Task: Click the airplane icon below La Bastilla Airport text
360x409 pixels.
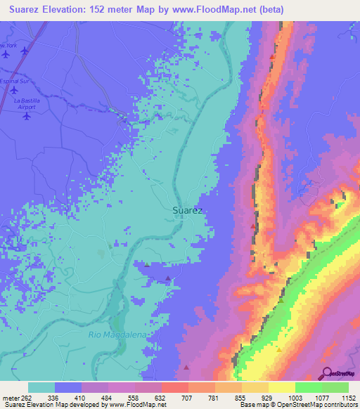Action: click(27, 117)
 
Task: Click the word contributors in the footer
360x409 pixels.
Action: click(341, 405)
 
